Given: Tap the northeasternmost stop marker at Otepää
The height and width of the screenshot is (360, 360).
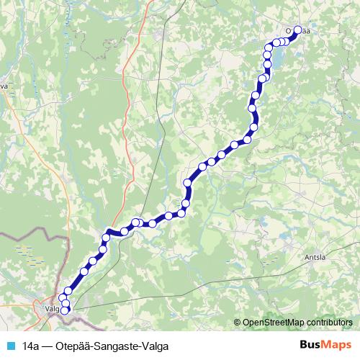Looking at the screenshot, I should point(296,30).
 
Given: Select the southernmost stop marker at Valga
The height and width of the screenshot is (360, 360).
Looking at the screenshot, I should point(66,311).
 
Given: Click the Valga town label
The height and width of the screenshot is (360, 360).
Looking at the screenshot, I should point(50,308).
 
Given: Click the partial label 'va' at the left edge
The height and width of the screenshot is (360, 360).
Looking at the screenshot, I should point(4,85).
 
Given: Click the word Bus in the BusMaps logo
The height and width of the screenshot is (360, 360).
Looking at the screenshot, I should point(309,345).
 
